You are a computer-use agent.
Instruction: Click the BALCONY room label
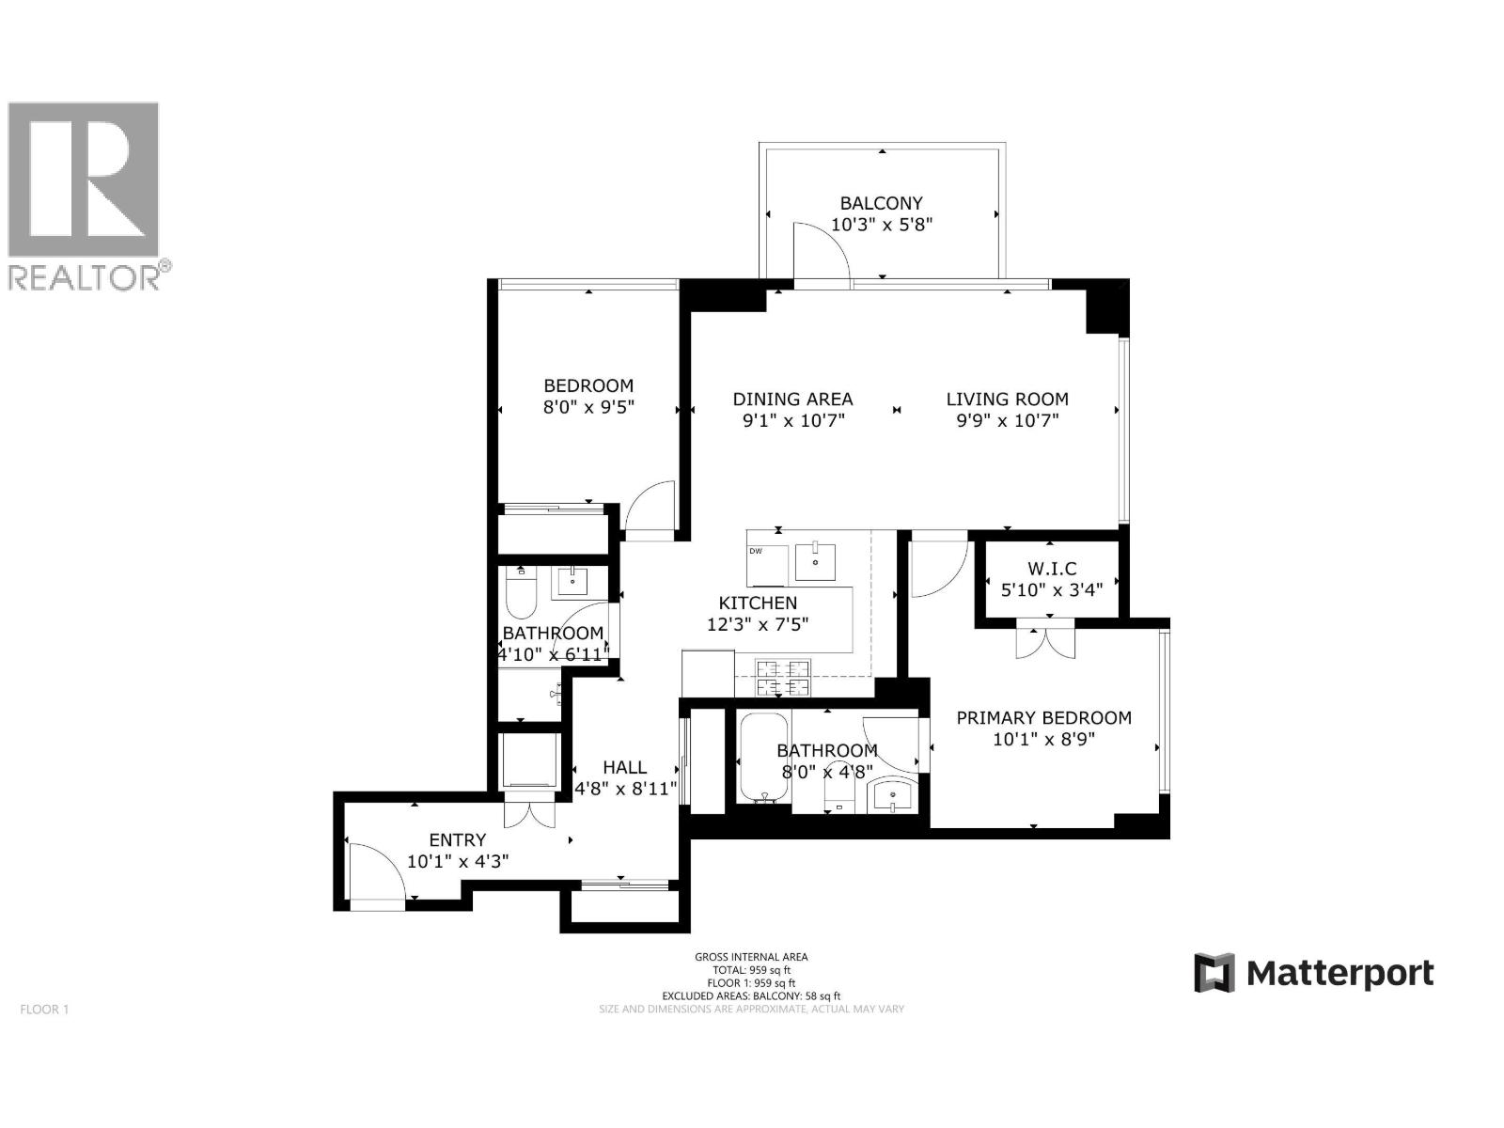point(881,203)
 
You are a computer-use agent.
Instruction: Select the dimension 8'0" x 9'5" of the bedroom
point(588,407)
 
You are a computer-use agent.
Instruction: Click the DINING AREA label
point(792,399)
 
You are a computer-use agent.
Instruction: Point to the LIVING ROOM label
point(1007,399)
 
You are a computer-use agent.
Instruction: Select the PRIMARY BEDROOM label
point(1043,718)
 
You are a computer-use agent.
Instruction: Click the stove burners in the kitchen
point(783,678)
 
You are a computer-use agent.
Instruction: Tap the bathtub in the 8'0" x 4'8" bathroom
point(763,757)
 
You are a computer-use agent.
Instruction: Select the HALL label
point(625,768)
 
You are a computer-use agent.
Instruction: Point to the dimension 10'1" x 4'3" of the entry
point(458,860)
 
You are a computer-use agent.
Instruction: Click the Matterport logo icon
point(1214,973)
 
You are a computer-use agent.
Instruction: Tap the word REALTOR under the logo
point(85,278)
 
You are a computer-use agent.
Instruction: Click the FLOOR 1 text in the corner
point(44,1010)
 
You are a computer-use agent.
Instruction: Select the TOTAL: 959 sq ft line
point(751,970)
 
